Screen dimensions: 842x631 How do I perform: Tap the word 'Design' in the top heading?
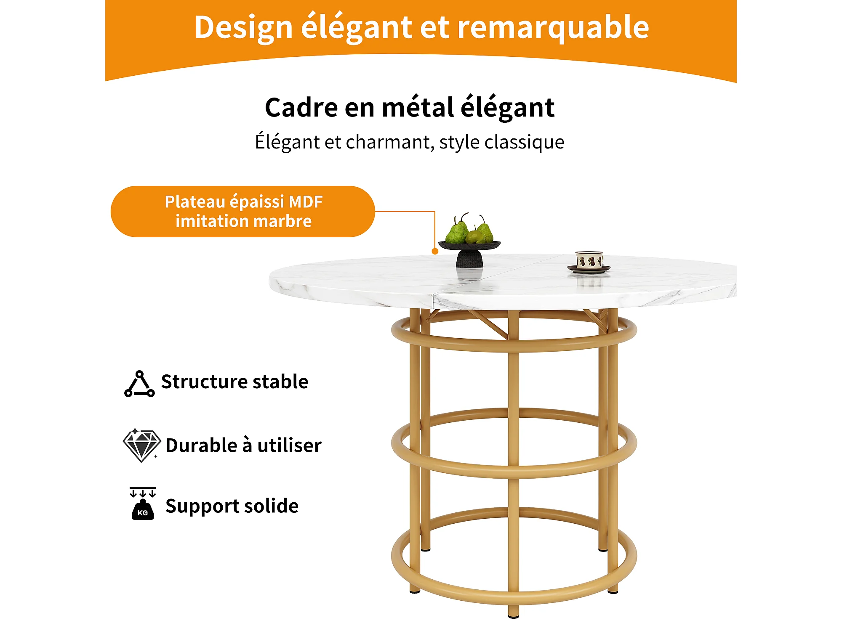click(x=243, y=28)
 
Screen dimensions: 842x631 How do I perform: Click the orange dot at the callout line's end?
click(x=435, y=251)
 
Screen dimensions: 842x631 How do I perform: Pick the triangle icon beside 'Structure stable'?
click(x=139, y=384)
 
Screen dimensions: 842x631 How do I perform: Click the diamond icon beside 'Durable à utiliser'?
click(x=141, y=445)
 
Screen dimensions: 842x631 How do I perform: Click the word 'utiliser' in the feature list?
click(x=289, y=445)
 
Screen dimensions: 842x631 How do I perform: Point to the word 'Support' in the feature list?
click(x=202, y=506)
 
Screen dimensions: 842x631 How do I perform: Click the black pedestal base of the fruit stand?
click(x=469, y=259)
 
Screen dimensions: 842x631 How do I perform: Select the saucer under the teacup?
click(x=589, y=269)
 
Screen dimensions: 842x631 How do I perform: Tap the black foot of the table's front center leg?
click(x=513, y=616)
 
